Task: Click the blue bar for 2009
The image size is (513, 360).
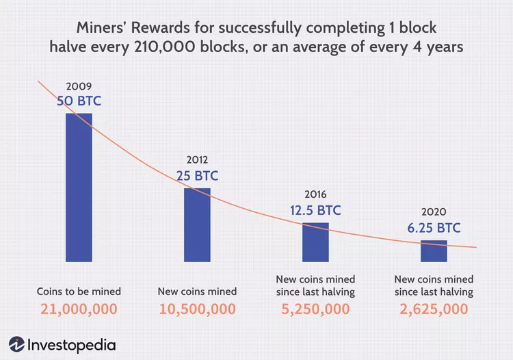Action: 79,187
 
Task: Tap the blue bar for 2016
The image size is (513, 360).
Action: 315,242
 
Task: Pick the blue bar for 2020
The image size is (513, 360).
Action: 434,250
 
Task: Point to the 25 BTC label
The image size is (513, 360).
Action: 197,176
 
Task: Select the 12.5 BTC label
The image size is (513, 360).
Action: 315,210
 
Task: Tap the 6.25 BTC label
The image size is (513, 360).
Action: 434,227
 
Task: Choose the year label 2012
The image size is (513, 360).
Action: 197,161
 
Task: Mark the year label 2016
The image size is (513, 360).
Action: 315,195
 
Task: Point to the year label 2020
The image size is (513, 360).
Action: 434,211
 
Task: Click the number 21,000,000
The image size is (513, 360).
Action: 78,309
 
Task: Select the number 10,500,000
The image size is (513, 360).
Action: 197,309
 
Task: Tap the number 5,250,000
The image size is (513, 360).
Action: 315,309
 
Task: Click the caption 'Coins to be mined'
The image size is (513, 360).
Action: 78,292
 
